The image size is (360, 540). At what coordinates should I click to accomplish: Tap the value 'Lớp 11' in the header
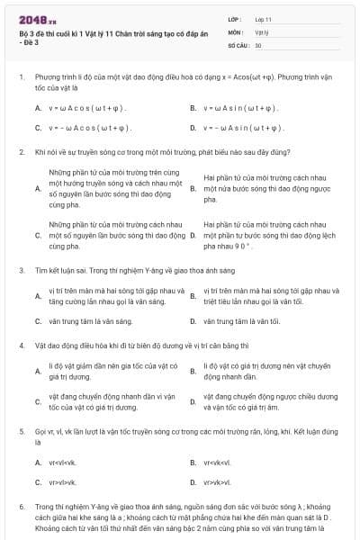click(263, 19)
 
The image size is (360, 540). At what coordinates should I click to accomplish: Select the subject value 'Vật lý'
click(260, 31)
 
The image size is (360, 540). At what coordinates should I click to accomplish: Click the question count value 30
click(258, 44)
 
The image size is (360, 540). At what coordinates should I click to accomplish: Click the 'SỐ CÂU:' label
click(238, 44)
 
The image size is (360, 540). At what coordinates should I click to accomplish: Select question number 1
click(21, 77)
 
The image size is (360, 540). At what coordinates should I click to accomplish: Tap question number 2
click(21, 153)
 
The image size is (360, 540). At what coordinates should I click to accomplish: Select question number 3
click(21, 270)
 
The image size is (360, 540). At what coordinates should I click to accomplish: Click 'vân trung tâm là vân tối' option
click(242, 320)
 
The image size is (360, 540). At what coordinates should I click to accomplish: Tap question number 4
click(21, 346)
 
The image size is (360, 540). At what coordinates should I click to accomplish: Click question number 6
click(21, 507)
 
